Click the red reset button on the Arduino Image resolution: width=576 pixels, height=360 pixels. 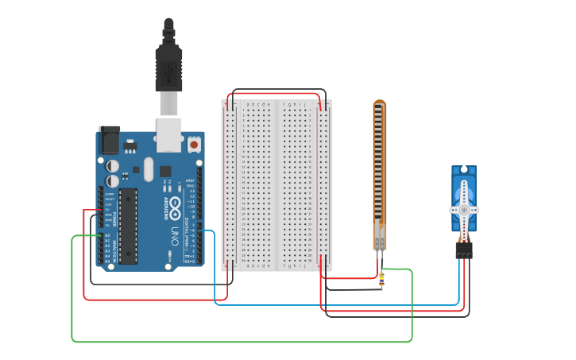194,145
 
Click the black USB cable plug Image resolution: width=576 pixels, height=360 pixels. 168,68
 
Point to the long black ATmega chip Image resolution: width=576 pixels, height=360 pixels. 128,226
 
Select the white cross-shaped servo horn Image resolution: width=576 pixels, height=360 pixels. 464,209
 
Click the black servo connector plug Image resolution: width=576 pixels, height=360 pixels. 464,250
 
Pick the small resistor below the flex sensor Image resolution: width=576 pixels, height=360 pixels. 381,279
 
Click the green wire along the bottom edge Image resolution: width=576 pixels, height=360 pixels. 238,342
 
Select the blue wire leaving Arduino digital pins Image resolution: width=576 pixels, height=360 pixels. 334,304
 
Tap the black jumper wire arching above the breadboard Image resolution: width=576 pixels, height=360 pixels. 278,90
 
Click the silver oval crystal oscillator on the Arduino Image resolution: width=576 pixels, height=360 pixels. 148,168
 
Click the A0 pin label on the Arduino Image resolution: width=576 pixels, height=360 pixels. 107,236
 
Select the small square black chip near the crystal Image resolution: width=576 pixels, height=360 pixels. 165,171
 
